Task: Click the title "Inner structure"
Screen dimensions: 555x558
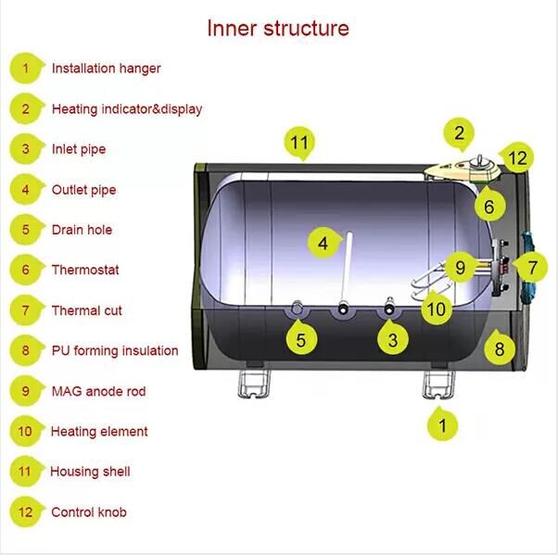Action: point(278,28)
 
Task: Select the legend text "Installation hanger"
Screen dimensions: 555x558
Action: point(106,69)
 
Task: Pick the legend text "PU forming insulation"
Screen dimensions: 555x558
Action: point(114,350)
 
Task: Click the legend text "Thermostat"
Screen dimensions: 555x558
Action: point(85,270)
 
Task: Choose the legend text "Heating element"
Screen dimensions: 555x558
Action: point(99,431)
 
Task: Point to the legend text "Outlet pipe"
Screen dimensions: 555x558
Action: point(83,190)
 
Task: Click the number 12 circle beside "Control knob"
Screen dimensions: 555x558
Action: point(26,511)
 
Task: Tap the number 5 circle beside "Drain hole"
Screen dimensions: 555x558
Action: point(26,230)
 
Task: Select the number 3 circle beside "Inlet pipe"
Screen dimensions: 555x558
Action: point(26,149)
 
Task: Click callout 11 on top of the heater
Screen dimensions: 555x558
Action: point(298,144)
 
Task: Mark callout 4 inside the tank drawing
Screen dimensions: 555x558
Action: point(323,244)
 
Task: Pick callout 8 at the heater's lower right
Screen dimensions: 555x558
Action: point(499,349)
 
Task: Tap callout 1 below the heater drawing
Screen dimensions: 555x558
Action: point(442,425)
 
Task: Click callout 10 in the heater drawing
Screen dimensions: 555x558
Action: point(437,307)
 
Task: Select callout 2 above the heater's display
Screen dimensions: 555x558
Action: point(459,133)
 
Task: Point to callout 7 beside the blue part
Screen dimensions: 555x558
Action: point(531,268)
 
